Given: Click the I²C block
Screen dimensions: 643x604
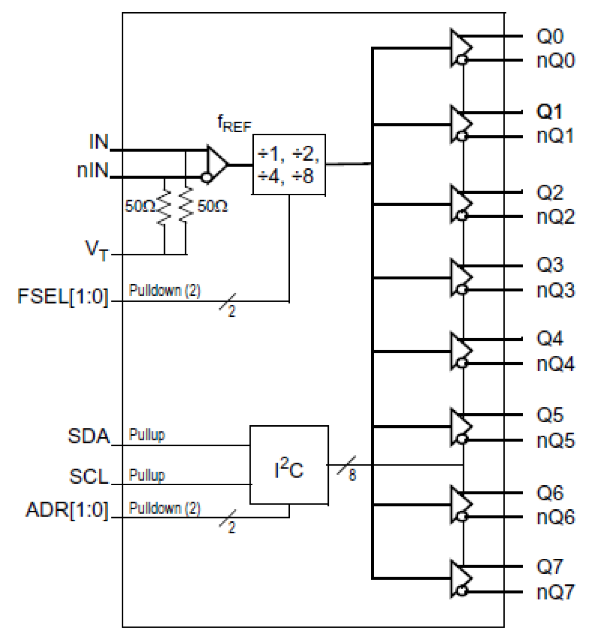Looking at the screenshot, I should click(x=289, y=465).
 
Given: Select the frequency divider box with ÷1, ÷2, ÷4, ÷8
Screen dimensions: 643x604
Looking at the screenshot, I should click(x=289, y=164).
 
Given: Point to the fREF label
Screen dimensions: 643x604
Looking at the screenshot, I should click(x=234, y=124).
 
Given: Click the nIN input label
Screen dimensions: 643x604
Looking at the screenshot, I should click(x=93, y=170).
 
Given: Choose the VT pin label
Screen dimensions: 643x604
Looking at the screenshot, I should click(x=97, y=250).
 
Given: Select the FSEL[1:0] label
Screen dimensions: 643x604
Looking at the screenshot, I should click(x=63, y=296).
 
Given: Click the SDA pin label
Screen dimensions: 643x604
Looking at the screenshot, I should click(x=89, y=436).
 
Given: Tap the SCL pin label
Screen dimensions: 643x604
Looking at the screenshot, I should click(x=89, y=476).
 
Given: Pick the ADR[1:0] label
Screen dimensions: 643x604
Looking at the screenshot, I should click(x=67, y=510).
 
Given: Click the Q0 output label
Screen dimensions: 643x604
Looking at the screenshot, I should click(x=549, y=37).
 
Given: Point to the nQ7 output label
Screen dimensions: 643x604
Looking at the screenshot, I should click(x=555, y=592).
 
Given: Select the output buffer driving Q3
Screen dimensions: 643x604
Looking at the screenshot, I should click(x=461, y=278).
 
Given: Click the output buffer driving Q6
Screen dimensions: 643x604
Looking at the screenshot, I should click(x=461, y=504).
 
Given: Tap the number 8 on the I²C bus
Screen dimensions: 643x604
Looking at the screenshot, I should click(x=352, y=476).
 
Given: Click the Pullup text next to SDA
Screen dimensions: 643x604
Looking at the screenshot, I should click(x=147, y=435).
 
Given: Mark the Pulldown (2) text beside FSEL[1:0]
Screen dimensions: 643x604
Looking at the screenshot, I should click(x=164, y=290).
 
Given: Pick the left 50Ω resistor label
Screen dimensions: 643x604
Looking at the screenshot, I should click(x=139, y=206).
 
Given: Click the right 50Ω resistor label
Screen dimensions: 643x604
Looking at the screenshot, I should click(x=213, y=206).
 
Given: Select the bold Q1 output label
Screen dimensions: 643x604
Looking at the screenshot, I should click(x=549, y=112).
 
